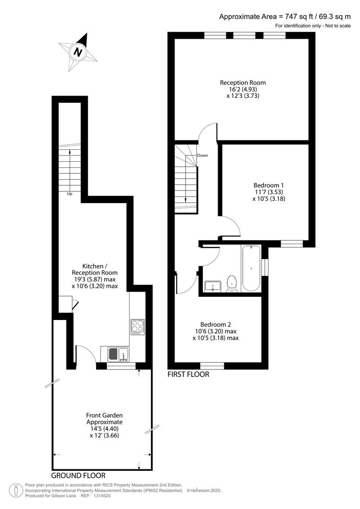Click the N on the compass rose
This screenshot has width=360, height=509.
click(78, 52)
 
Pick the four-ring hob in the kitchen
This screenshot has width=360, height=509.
click(137, 327)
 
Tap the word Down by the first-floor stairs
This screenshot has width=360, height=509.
click(203, 155)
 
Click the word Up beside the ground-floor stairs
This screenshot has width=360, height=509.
click(69, 193)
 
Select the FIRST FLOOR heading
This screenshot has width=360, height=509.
click(188, 375)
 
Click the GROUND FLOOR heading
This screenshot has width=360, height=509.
click(78, 476)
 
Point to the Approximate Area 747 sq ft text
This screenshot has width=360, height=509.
click(285, 16)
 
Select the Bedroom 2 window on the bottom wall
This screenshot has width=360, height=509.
click(212, 365)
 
